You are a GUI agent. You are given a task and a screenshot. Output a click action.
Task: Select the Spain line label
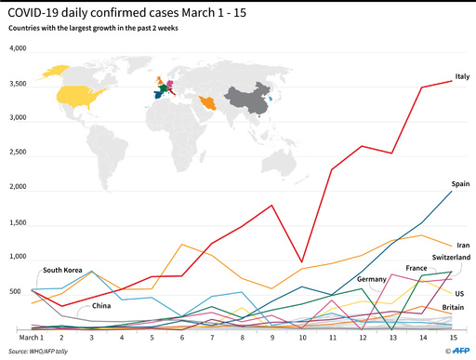point(460,184)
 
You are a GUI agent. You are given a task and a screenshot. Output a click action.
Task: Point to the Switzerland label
point(450,256)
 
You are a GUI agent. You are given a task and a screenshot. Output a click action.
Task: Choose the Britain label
point(454,308)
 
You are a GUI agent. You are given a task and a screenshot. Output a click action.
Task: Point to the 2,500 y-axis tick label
point(19,154)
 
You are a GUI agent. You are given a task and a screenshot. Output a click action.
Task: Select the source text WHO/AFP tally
point(46,350)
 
